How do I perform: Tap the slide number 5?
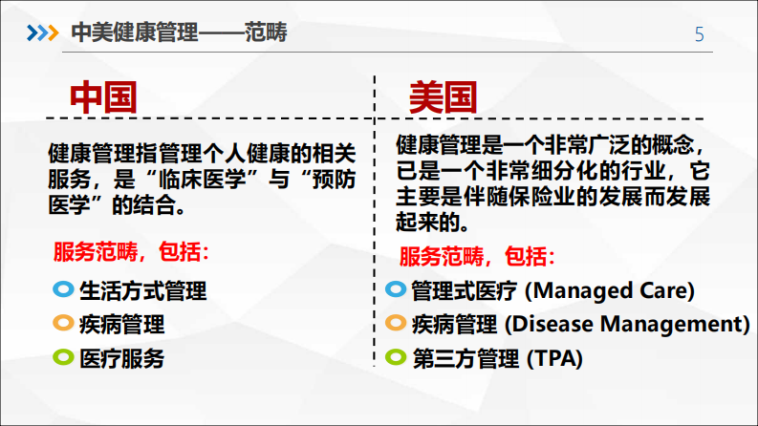click(699, 34)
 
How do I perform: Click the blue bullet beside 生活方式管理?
click(62, 288)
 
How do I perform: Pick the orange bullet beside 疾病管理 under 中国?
click(62, 323)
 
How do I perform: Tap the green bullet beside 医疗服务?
click(62, 358)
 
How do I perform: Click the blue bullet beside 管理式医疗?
click(395, 288)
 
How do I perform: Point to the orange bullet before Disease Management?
click(395, 323)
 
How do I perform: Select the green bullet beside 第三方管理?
click(395, 358)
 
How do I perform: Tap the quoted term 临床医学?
click(200, 179)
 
